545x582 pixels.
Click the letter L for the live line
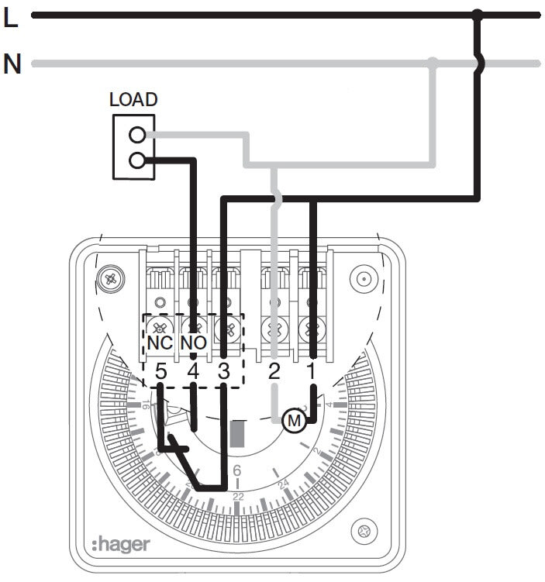[11, 18]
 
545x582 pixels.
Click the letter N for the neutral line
[12, 64]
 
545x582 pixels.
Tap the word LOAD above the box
[133, 100]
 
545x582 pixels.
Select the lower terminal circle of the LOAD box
[137, 160]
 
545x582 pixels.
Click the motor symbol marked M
[294, 421]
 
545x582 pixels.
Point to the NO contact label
[193, 342]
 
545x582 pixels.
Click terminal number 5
[160, 370]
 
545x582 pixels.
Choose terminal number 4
[193, 370]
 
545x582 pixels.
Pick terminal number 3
[224, 370]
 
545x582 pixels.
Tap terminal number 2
[274, 370]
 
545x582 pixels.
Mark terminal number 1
[312, 370]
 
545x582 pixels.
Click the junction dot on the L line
[478, 15]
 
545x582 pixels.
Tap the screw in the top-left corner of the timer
[112, 277]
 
